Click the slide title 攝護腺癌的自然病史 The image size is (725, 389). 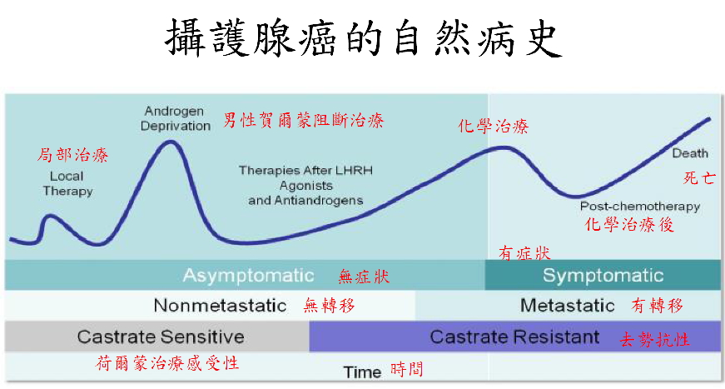[x=364, y=38]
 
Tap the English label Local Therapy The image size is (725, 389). [x=67, y=183]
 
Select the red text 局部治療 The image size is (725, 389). [x=72, y=155]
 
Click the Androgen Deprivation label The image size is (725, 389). [x=176, y=118]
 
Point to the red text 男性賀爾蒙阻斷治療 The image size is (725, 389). [x=303, y=120]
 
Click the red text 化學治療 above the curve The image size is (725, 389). [x=494, y=126]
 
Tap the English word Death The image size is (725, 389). [x=690, y=153]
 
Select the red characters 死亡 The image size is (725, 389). [x=699, y=177]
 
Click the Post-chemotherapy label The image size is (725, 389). [x=640, y=207]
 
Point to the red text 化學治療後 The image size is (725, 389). [x=628, y=224]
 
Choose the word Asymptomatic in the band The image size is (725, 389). [x=248, y=276]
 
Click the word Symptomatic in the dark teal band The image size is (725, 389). [x=603, y=275]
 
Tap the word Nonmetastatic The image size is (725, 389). [x=220, y=305]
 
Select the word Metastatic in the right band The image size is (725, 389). [x=568, y=305]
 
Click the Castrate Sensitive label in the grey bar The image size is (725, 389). [x=161, y=337]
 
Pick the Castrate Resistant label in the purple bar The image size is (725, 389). [x=514, y=337]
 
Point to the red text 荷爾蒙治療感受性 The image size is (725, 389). [x=167, y=363]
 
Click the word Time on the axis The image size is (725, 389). [x=362, y=372]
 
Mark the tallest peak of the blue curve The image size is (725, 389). [x=171, y=142]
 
